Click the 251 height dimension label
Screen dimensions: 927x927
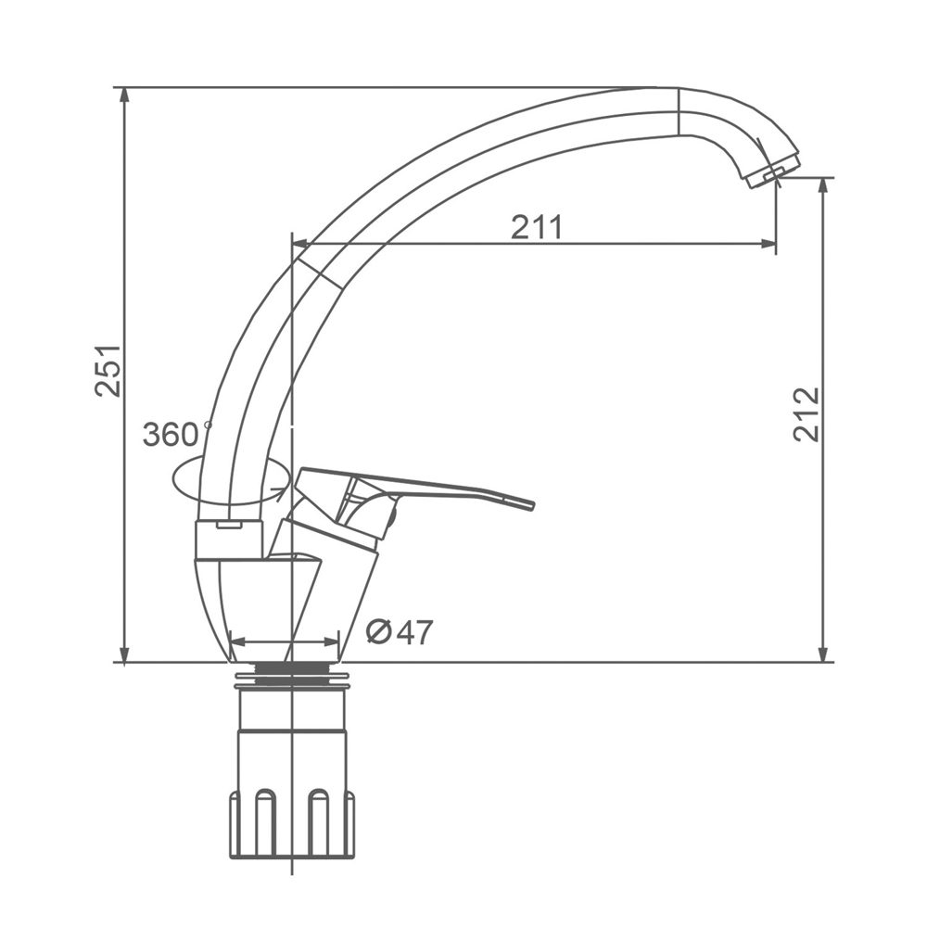[x=108, y=370]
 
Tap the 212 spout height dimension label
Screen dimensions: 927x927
[x=806, y=414]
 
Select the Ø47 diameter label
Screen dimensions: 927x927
[x=399, y=632]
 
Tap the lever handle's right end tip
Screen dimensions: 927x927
[x=531, y=504]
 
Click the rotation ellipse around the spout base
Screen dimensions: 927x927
[x=231, y=482]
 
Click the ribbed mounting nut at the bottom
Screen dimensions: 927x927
[x=292, y=824]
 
